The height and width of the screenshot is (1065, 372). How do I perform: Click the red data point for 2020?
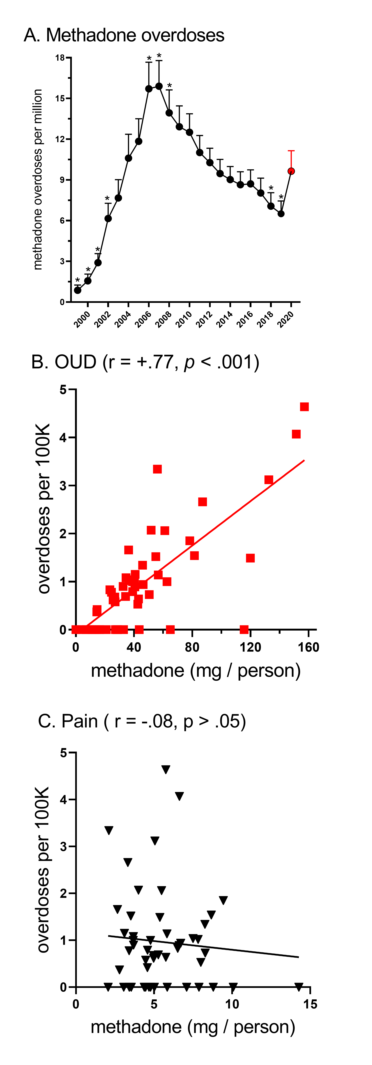[x=291, y=171]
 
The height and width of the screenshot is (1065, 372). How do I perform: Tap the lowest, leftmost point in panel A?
[x=78, y=290]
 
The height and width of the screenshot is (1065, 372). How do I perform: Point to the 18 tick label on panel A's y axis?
[x=60, y=58]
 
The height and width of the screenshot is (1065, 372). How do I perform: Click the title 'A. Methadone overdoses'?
[x=124, y=35]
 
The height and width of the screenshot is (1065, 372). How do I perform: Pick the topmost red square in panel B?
[x=304, y=407]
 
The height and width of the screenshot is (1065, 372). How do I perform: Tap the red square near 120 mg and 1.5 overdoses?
[x=250, y=558]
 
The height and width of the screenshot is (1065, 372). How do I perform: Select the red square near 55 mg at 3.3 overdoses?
[x=157, y=469]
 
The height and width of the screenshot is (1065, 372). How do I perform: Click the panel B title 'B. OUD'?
[x=64, y=362]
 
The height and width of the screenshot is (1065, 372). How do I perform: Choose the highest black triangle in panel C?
[x=166, y=769]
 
